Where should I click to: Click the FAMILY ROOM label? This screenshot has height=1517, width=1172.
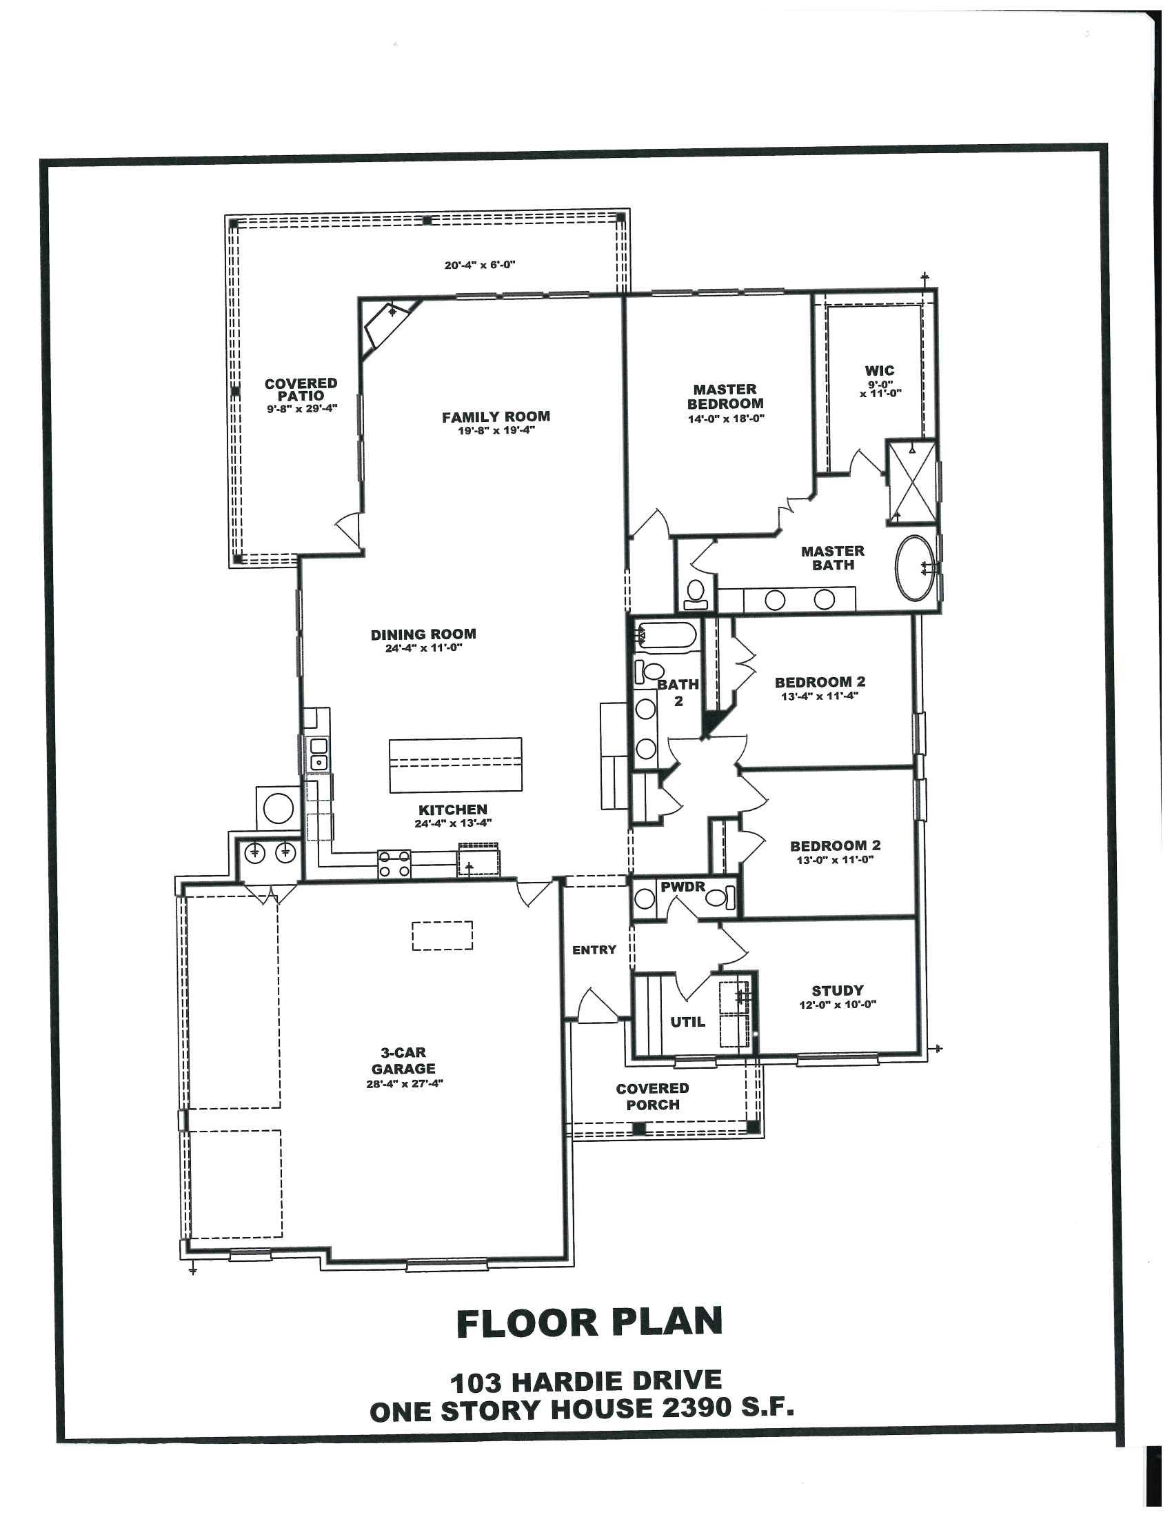click(496, 416)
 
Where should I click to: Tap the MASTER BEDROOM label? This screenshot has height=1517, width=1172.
click(725, 396)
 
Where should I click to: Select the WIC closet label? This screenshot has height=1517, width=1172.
click(880, 370)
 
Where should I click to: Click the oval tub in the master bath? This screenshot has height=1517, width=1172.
click(915, 567)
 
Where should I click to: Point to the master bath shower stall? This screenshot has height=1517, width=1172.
click(912, 482)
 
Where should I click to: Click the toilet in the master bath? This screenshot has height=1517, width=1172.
click(694, 593)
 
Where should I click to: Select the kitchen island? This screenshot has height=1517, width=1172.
click(456, 765)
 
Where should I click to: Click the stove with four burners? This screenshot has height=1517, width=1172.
click(394, 864)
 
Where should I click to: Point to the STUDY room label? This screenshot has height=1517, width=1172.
click(838, 990)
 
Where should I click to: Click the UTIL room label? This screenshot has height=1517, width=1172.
click(687, 1021)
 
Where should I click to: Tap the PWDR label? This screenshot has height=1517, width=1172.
click(683, 887)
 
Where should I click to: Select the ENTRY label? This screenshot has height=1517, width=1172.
click(594, 950)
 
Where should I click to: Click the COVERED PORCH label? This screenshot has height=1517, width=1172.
click(653, 1096)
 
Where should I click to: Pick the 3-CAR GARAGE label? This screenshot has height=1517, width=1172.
click(403, 1061)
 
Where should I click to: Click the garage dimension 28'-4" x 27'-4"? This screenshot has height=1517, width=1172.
click(404, 1083)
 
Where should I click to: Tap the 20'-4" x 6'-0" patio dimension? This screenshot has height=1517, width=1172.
click(480, 265)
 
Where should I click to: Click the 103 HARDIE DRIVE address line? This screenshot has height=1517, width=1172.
click(586, 1381)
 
